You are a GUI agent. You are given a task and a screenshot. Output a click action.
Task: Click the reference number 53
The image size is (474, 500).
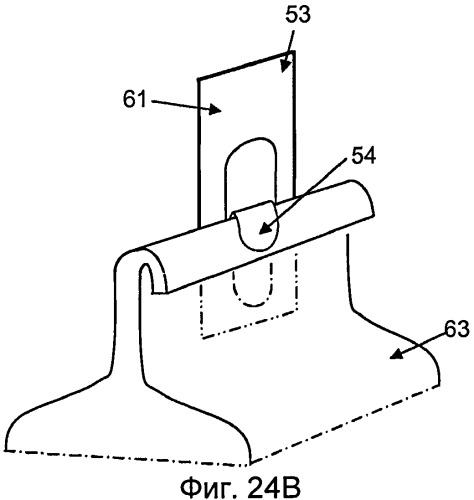click(298, 15)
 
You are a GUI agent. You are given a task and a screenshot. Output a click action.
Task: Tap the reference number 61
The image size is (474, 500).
click(135, 99)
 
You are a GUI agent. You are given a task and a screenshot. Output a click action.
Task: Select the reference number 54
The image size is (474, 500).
click(364, 156)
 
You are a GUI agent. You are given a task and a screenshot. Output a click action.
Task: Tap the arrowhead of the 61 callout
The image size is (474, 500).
click(215, 109)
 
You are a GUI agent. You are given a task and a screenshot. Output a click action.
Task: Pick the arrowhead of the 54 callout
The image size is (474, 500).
click(264, 229)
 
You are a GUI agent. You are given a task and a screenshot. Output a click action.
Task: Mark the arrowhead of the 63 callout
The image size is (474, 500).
click(396, 355)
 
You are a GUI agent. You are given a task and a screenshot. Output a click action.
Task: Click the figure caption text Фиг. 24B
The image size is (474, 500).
click(241, 488)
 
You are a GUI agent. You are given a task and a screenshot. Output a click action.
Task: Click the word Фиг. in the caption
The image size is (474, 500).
click(206, 488)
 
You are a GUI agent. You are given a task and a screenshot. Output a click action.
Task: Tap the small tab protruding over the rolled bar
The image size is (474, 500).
click(255, 225)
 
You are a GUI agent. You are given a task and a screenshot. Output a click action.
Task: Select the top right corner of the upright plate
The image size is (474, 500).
click(294, 51)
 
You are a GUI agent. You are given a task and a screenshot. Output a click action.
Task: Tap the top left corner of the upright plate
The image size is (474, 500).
click(198, 79)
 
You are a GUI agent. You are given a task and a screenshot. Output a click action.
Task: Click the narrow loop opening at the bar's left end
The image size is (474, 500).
click(146, 278)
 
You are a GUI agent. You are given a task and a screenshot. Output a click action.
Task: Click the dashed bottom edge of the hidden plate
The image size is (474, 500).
click(249, 325)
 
